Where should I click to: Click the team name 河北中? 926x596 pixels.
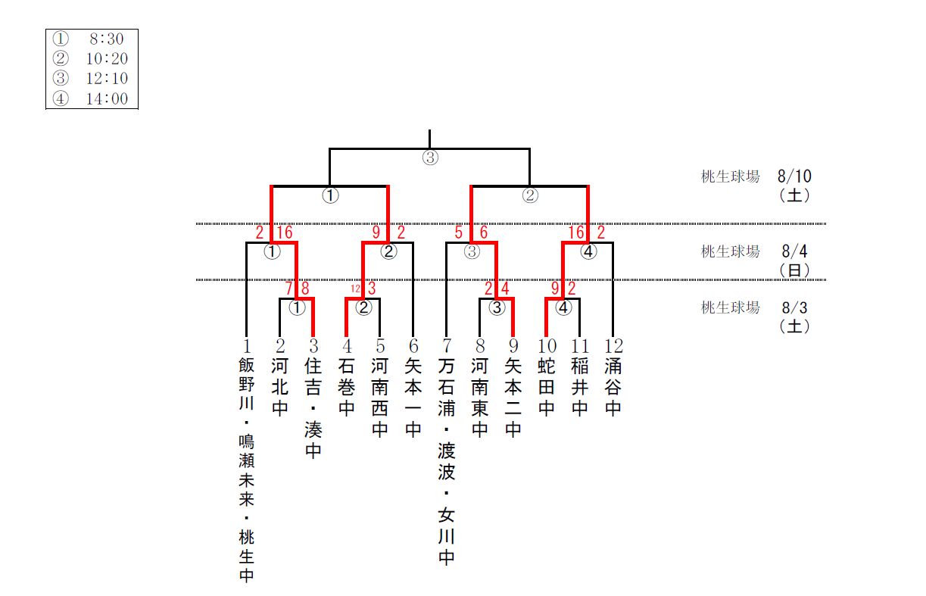pos(280,388)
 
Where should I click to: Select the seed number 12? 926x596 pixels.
pos(613,347)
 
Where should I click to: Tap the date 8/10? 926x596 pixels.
pos(793,176)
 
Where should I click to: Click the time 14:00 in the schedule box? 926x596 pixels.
pos(107,98)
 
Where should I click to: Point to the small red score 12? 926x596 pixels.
pos(355,289)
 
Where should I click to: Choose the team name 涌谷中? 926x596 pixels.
pos(613,388)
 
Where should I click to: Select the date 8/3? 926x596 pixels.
pos(793,308)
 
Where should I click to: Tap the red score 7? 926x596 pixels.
pos(289,289)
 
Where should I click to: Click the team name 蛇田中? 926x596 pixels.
pos(547,388)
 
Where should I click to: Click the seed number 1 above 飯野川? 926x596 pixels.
pos(247,347)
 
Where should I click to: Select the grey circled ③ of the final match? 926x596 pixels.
pos(429,159)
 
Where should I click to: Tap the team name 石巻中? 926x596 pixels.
pos(347,388)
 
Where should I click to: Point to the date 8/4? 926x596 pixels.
pos(793,251)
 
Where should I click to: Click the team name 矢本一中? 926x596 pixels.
pos(413,398)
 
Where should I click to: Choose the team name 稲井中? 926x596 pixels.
pos(580,388)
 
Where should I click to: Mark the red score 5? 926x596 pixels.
pos(459,232)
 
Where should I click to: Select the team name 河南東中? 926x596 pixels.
pos(479,398)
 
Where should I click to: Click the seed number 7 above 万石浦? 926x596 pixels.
pos(447,347)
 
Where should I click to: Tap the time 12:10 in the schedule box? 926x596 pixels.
pos(107,79)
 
